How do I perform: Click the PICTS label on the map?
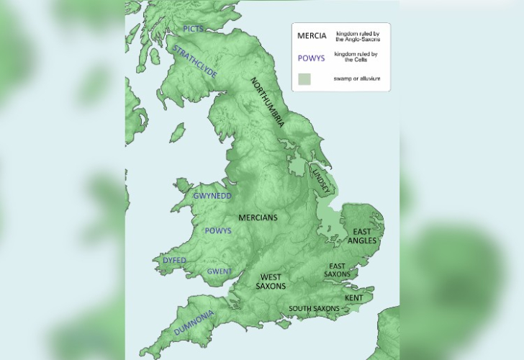194,29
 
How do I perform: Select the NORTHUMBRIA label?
267,102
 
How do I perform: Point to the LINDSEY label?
324,180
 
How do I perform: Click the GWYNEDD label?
212,196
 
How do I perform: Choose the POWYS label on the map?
218,230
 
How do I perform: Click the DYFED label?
175,260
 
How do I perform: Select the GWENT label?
219,271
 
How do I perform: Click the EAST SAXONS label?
337,270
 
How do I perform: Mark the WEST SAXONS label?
271,282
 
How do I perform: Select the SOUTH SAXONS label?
314,309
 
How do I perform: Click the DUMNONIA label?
194,322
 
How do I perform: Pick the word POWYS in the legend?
311,58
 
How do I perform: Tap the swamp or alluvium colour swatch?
305,78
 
